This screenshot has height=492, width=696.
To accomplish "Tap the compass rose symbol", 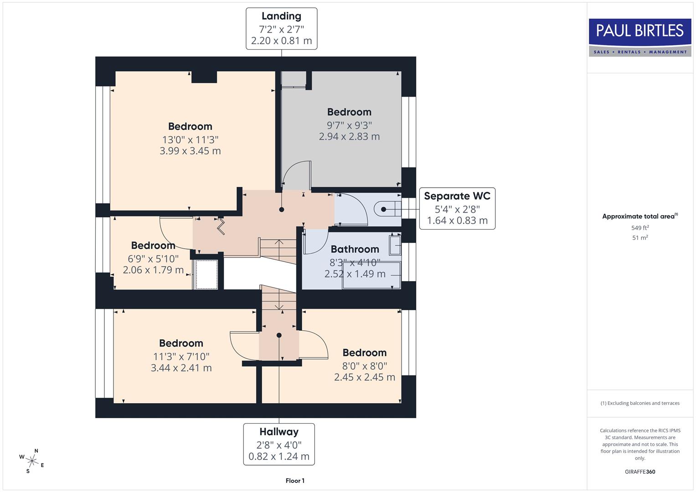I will tap(32, 461).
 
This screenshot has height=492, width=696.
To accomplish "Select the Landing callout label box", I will tap(281, 28).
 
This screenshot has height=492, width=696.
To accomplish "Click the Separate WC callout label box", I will tap(457, 208).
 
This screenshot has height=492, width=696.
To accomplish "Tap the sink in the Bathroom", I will tap(395, 245).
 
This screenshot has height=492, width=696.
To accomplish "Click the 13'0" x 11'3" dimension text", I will tap(190, 139).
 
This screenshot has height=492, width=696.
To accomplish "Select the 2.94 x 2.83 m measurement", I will tap(349, 136).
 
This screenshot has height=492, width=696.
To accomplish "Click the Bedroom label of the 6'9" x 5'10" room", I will tap(153, 246).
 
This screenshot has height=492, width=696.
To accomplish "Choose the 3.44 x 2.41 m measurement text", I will tap(181, 368).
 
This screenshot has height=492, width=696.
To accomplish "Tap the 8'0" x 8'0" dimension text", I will tap(365, 365).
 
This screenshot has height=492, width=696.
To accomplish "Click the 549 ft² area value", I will tap(640, 228).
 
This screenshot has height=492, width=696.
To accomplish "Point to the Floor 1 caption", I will tap(295, 481).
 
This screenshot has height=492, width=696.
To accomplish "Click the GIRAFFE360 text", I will tap(640, 471).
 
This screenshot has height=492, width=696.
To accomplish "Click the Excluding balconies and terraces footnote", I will tap(640, 403).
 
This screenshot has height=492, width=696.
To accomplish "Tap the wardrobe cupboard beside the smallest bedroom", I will tap(206, 274).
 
